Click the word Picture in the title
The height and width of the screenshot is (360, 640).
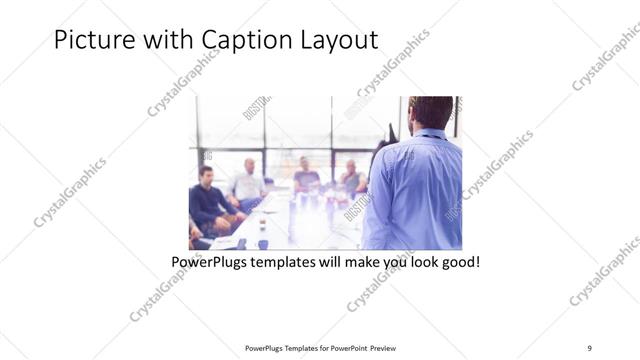pyautogui.click(x=89, y=41)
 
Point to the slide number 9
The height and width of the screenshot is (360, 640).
pyautogui.click(x=589, y=347)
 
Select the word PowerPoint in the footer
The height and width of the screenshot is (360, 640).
pyautogui.click(x=347, y=347)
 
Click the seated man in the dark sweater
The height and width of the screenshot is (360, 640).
pyautogui.click(x=209, y=199)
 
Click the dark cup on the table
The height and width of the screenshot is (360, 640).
pyautogui.click(x=262, y=243)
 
